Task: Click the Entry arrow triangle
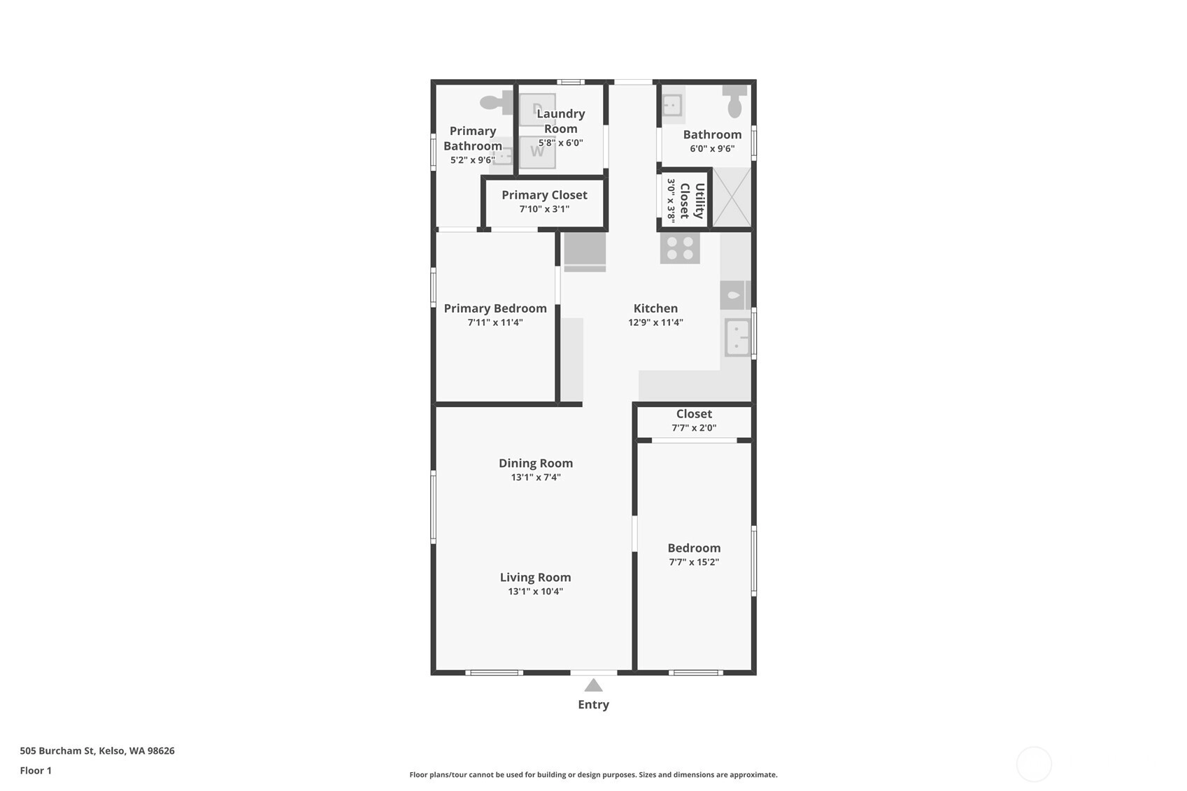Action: (593, 685)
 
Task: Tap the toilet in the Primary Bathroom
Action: (497, 102)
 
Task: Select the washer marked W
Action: (537, 152)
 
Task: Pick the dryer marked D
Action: (537, 110)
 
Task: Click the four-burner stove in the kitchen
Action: (680, 248)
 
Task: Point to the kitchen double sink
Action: (738, 338)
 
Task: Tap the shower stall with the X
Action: (732, 197)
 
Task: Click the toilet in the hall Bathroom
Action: (734, 101)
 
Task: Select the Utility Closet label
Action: (692, 201)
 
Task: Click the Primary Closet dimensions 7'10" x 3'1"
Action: (544, 208)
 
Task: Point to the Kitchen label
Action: (655, 308)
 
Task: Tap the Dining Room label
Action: (536, 463)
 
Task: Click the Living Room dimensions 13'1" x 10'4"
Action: (535, 591)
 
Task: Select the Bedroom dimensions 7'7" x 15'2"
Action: (694, 562)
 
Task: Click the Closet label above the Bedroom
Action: (694, 414)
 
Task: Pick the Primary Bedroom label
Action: (495, 308)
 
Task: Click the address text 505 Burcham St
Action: (57, 750)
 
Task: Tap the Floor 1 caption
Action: (36, 771)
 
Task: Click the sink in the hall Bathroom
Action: (672, 105)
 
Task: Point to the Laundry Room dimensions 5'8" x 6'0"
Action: (561, 143)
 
